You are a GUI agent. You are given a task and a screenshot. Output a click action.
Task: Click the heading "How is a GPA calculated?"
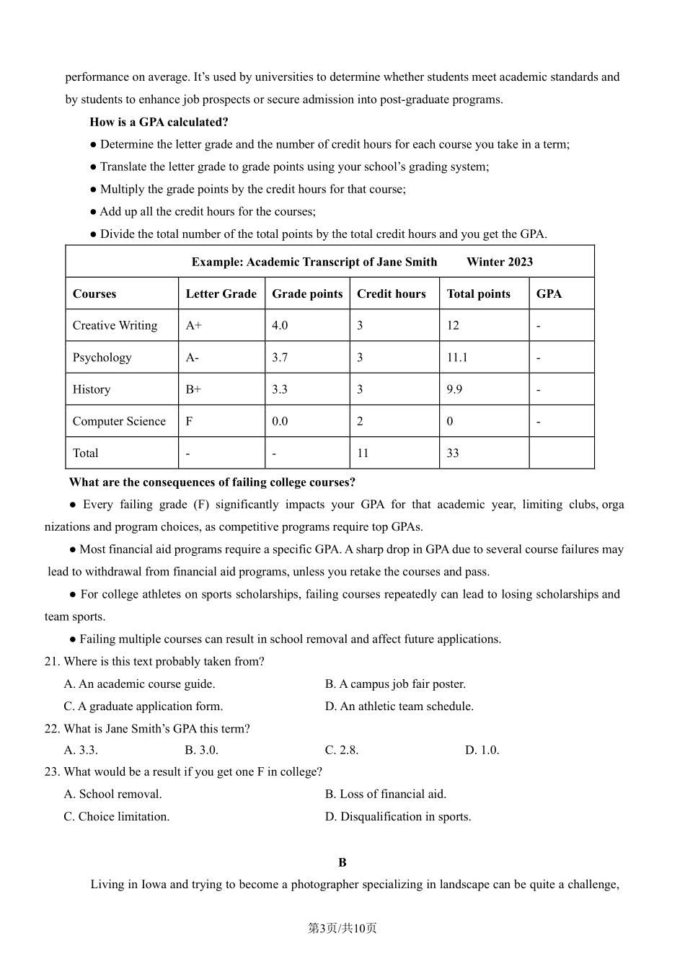click(159, 122)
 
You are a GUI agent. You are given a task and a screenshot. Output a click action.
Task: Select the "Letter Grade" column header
click(221, 293)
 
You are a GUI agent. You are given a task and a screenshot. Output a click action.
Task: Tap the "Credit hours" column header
click(391, 293)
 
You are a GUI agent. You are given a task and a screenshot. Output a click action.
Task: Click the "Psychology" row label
click(102, 358)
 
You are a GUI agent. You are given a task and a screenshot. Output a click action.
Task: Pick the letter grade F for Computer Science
click(189, 421)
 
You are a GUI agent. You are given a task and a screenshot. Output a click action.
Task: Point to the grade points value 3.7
click(280, 358)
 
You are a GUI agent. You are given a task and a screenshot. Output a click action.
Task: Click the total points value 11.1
click(457, 358)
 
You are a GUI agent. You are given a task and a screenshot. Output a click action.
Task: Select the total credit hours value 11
click(363, 453)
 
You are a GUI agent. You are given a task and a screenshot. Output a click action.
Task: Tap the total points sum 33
click(453, 453)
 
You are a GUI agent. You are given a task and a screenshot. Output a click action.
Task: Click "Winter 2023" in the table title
click(500, 262)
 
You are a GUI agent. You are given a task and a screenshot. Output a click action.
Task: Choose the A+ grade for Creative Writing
click(193, 325)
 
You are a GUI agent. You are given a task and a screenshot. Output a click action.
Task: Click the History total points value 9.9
click(454, 389)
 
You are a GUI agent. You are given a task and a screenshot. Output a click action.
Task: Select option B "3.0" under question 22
click(201, 750)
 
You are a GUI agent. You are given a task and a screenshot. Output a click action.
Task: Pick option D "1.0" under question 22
click(482, 750)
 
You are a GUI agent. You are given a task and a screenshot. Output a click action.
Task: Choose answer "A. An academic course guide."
click(139, 683)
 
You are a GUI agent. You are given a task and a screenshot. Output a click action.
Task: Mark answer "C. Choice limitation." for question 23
click(117, 816)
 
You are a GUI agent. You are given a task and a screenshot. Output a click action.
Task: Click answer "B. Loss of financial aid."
click(385, 794)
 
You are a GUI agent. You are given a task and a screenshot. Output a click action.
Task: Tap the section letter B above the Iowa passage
click(342, 862)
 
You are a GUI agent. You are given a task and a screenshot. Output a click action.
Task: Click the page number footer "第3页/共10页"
click(342, 928)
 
